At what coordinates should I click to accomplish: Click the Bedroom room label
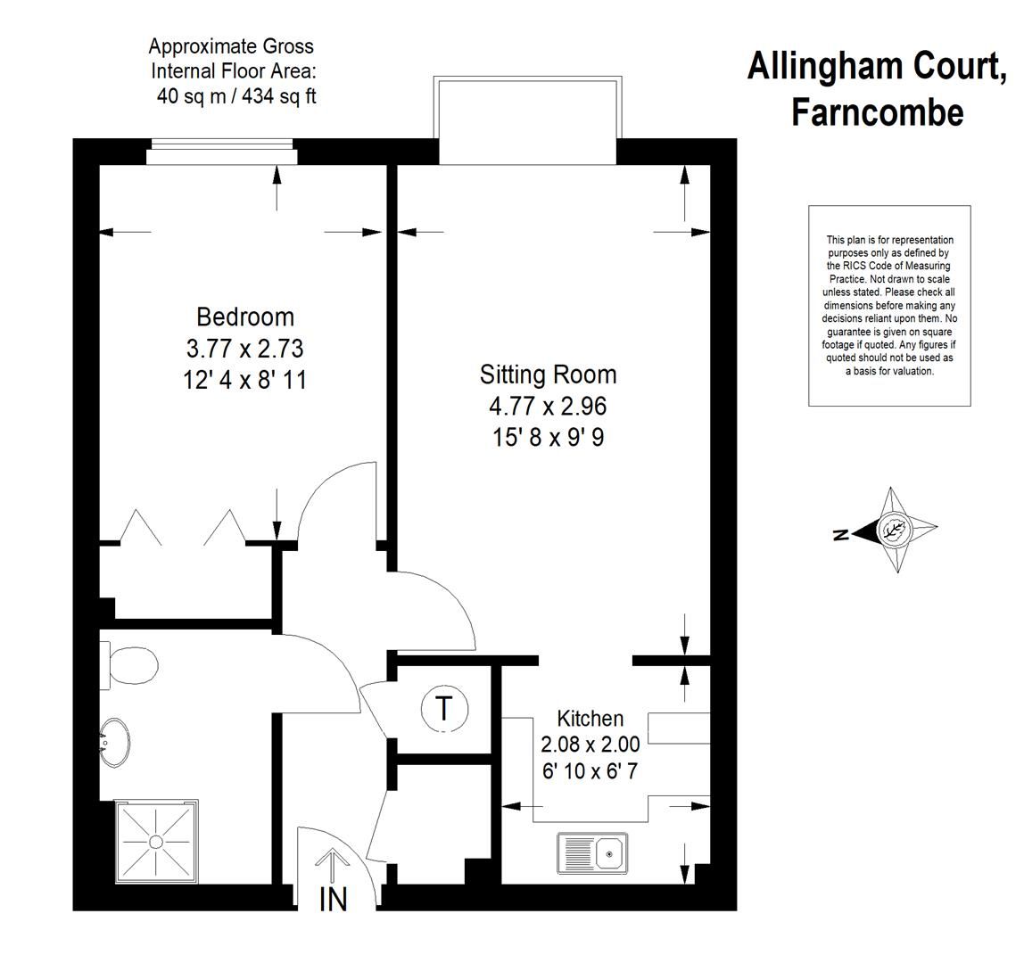tap(245, 317)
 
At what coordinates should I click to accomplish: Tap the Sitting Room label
tap(548, 374)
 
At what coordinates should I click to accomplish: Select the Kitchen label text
tap(590, 718)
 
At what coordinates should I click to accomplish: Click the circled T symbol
tap(443, 709)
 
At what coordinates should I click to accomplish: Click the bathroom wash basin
tap(113, 742)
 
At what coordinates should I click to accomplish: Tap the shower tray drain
tap(156, 841)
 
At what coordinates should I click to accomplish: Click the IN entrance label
tap(333, 900)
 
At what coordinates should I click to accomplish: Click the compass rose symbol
tap(893, 531)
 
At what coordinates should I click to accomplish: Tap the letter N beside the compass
tap(838, 535)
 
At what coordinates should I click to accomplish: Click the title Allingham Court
tap(876, 67)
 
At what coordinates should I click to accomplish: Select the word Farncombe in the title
tap(877, 112)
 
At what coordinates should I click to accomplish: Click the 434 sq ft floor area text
tap(277, 97)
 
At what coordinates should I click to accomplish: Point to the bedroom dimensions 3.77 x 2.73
tap(245, 348)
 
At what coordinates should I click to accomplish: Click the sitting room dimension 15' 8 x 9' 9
tap(547, 438)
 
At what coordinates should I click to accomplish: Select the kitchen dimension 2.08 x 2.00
tap(590, 744)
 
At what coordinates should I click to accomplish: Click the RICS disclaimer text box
tap(889, 305)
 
